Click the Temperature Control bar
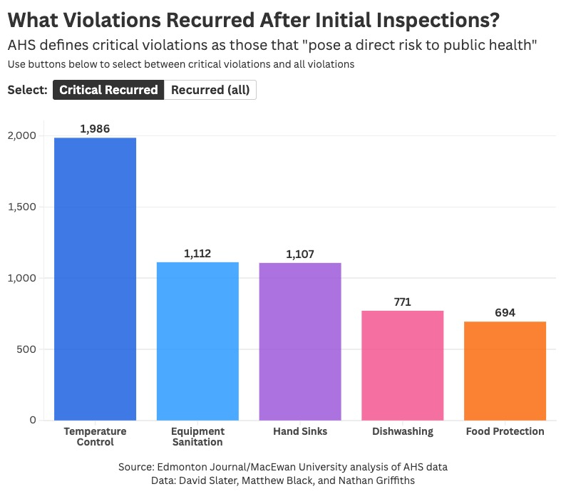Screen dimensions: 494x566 [95, 279]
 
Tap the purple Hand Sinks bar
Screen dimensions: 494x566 [300, 341]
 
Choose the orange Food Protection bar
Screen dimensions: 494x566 [505, 371]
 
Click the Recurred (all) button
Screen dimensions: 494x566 [210, 90]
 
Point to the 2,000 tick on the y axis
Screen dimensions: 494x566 [23, 135]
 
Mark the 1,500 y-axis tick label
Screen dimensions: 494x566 [23, 207]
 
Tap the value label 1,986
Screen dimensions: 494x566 [95, 129]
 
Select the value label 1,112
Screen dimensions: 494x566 [197, 254]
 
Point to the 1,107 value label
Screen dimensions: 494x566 [300, 254]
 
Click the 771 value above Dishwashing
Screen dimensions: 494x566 [403, 302]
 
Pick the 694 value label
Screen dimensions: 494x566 [505, 313]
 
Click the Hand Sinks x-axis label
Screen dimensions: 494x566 [300, 431]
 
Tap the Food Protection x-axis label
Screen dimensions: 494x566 [505, 431]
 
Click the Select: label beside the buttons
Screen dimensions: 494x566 [27, 91]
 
